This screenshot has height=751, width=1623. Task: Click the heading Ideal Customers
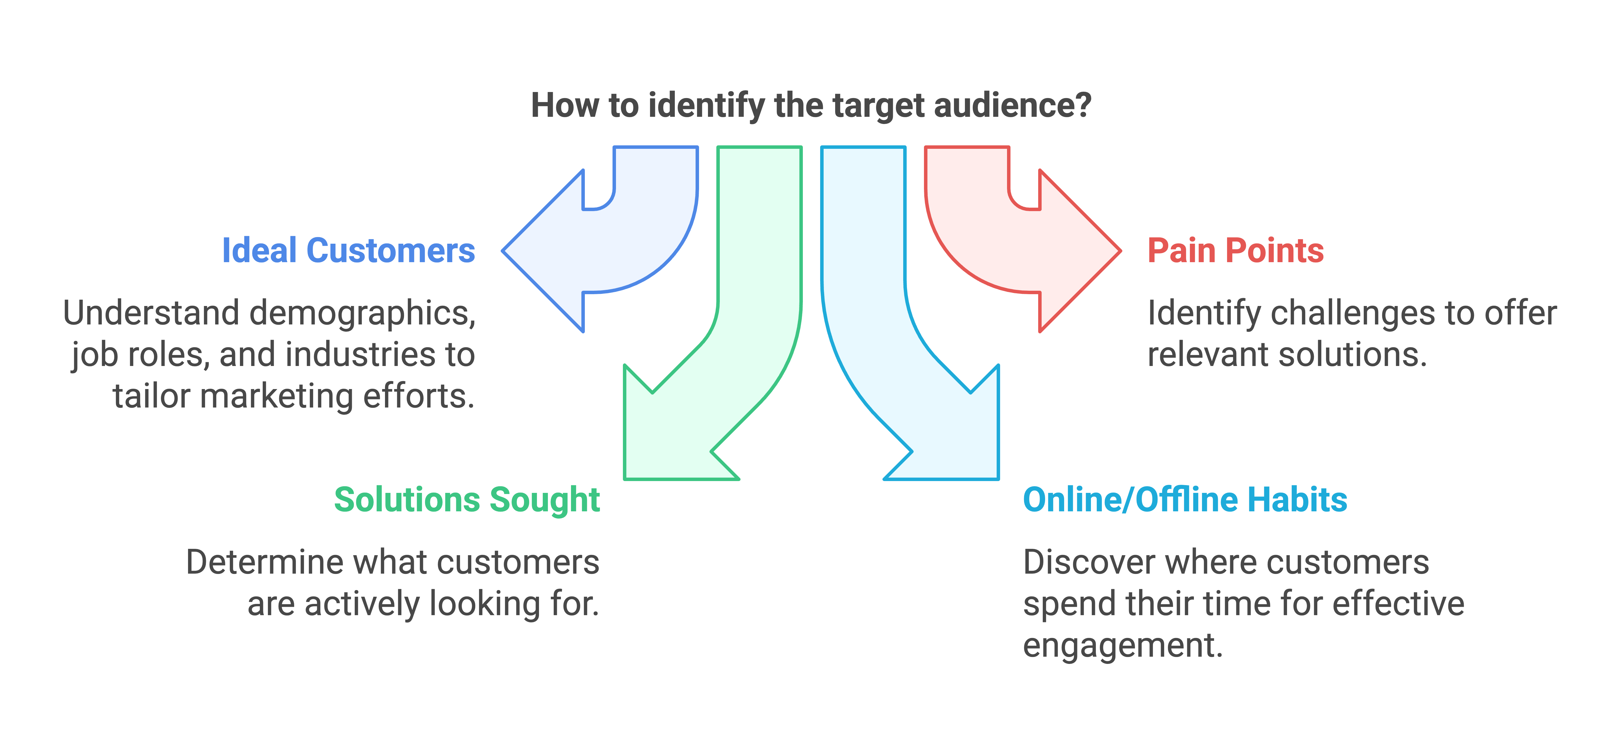(x=348, y=251)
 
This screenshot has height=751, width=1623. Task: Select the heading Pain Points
(x=1235, y=251)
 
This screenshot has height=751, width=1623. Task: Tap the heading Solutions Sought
(x=467, y=500)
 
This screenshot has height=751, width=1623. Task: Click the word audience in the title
(x=1013, y=105)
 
